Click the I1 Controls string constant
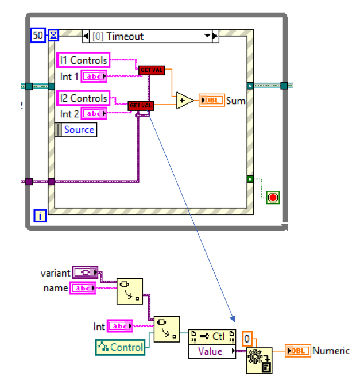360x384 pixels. tap(83, 60)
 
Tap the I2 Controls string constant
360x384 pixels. tap(83, 98)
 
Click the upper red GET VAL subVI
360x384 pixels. tap(152, 70)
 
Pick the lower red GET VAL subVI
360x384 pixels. tap(141, 106)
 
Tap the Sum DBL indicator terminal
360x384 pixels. tap(211, 101)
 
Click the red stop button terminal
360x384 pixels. tap(273, 197)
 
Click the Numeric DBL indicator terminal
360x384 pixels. tap(298, 351)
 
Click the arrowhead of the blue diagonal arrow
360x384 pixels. tap(233, 319)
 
